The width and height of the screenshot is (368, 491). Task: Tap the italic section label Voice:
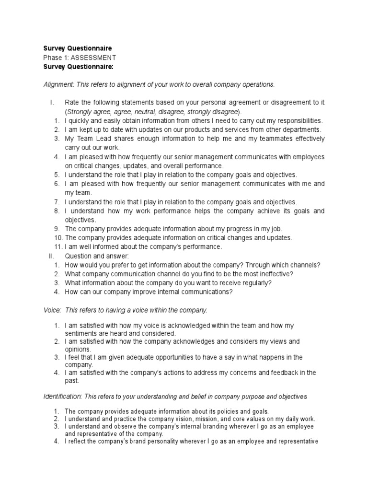click(52, 310)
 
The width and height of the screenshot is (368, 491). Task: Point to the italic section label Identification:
click(63, 397)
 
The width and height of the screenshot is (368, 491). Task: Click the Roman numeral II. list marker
click(52, 256)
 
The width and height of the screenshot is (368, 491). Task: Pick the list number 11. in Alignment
click(58, 247)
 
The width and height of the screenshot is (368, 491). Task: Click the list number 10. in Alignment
click(58, 238)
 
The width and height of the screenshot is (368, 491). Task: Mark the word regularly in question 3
click(253, 283)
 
